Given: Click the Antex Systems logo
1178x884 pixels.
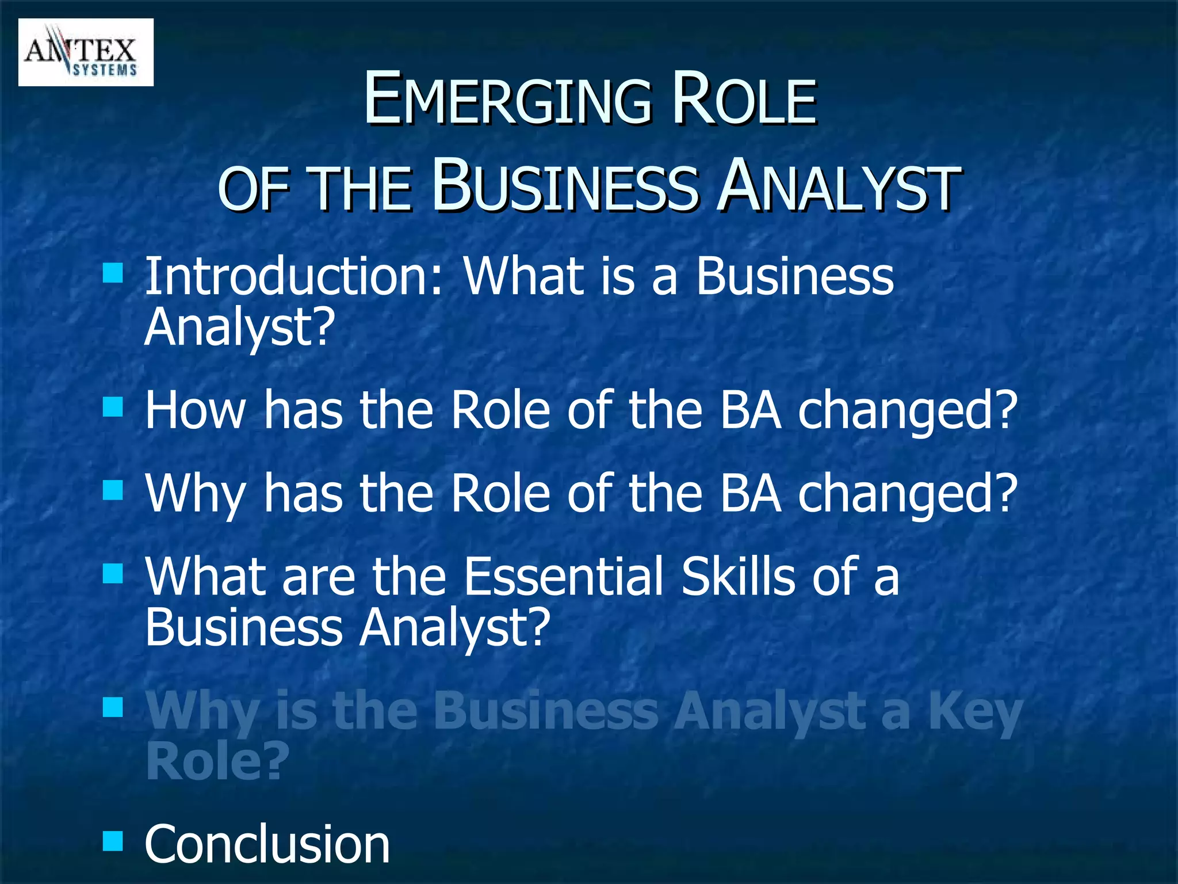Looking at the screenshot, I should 86,52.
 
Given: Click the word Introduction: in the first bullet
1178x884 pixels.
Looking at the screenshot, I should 294,277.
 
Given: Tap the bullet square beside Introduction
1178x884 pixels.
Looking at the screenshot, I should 113,273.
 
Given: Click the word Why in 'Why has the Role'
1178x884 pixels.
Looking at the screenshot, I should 196,494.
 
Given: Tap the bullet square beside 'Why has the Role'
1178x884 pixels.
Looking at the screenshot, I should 113,490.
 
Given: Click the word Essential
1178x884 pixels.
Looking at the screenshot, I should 564,577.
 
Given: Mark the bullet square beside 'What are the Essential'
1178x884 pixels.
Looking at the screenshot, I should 113,573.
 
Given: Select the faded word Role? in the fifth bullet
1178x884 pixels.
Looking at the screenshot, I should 217,761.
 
